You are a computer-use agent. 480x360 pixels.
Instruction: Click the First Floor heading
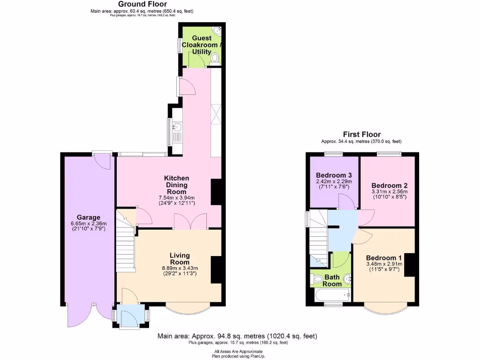[361, 135]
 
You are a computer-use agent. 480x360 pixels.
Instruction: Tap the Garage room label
[89, 217]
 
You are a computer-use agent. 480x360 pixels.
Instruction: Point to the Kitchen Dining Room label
[177, 185]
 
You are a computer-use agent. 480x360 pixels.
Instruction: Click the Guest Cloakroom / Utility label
[200, 45]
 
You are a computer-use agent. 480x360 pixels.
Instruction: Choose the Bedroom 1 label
[384, 258]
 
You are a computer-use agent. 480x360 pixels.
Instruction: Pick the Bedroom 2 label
[390, 185]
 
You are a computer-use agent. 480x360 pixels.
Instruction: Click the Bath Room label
[332, 280]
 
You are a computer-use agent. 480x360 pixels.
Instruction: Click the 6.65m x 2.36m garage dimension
[89, 224]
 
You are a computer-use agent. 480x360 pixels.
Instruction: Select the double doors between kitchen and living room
[190, 221]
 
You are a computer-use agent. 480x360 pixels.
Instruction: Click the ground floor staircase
[125, 246]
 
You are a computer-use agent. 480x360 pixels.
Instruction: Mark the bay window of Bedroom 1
[384, 308]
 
